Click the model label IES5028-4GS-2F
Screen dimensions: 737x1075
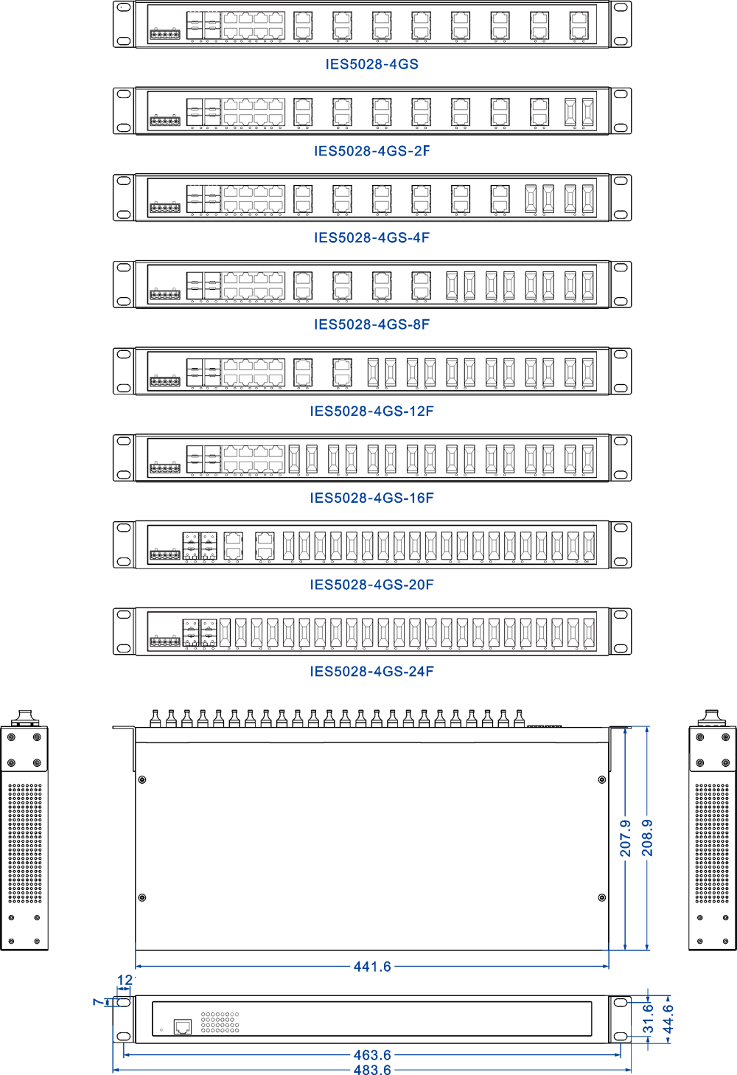tap(372, 150)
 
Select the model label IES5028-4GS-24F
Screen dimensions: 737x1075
tap(372, 671)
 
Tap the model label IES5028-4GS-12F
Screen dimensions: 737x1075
tap(372, 411)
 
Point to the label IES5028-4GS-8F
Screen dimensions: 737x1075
tap(372, 324)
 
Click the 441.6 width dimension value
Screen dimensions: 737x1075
tap(372, 966)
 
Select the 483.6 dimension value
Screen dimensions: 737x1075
tap(372, 1069)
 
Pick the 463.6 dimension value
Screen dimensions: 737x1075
tap(372, 1055)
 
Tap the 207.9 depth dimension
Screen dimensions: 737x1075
tap(625, 838)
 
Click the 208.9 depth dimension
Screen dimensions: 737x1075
tap(647, 838)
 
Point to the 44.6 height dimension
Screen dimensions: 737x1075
tap(668, 1019)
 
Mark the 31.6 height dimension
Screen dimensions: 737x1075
tap(649, 1019)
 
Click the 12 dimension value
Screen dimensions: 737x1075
tap(125, 980)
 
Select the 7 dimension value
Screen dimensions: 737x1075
tap(98, 1001)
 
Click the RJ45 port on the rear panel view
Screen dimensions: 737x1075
tap(182, 1026)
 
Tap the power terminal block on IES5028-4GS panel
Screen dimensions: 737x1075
tap(165, 34)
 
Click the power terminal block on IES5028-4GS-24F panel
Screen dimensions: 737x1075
tap(165, 641)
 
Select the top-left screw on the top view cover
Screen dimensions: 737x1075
tap(142, 779)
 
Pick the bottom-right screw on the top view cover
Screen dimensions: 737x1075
tap(602, 897)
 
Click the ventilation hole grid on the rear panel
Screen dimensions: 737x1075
tap(220, 1022)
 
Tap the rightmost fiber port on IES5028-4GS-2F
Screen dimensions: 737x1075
tap(588, 112)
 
